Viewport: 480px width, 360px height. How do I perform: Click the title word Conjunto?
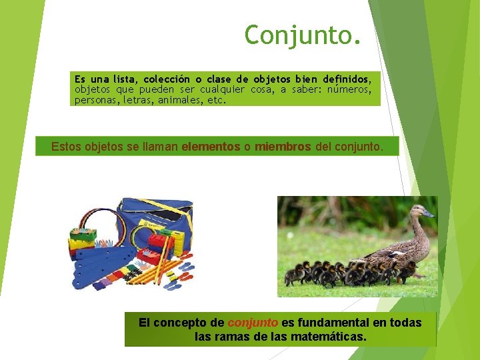(x=303, y=35)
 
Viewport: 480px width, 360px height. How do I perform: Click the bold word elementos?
(x=211, y=147)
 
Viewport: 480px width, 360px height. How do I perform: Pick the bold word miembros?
(x=283, y=147)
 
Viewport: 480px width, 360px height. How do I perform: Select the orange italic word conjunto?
(x=253, y=323)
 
